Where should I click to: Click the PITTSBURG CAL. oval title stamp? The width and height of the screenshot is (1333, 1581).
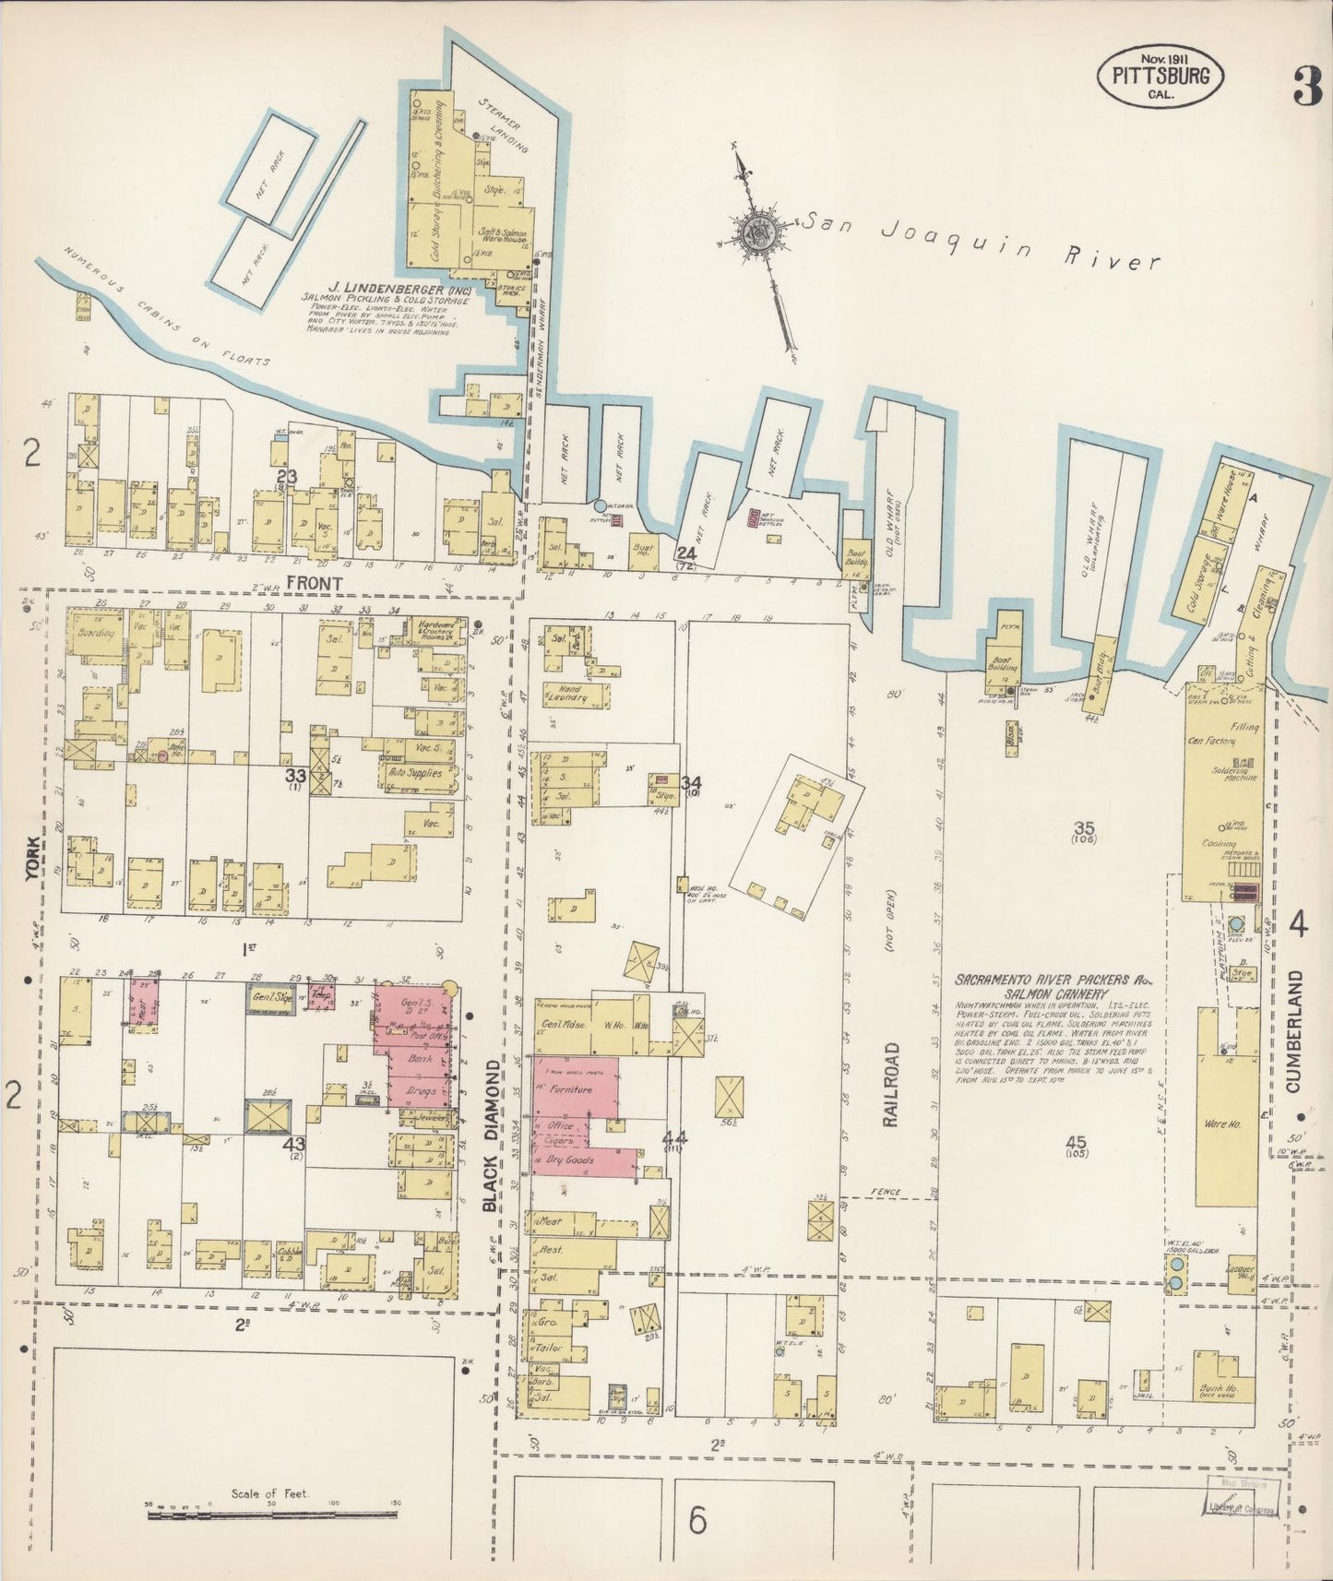pos(1160,75)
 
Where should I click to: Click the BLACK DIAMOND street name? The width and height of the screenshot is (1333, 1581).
pos(491,1134)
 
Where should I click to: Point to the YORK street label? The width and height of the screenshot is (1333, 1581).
pos(33,857)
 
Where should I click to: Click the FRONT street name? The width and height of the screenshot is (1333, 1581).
pos(314,583)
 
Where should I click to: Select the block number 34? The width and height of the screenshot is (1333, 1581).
pos(691,783)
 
